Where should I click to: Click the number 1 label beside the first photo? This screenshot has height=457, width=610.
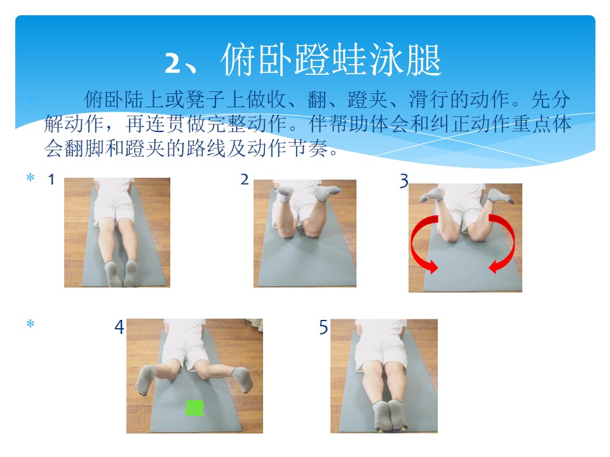coord(51,180)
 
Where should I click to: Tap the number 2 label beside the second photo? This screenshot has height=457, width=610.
coord(244,180)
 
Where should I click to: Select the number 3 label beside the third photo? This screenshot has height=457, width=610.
coord(404,181)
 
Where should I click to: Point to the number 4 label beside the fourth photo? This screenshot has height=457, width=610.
coord(119,327)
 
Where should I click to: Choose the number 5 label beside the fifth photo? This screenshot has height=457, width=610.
coord(323,328)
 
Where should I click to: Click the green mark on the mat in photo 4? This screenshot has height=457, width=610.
coord(195,407)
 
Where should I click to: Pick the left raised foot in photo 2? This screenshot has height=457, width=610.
coord(284,194)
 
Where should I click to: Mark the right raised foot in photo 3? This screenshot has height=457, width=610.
coord(501,196)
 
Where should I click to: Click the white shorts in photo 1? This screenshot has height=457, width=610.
coord(113,204)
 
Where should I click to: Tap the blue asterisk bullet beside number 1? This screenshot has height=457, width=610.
coord(30,178)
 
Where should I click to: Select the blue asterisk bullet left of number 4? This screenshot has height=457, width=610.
coord(30,323)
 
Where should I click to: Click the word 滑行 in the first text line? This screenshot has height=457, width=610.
coord(428,99)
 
